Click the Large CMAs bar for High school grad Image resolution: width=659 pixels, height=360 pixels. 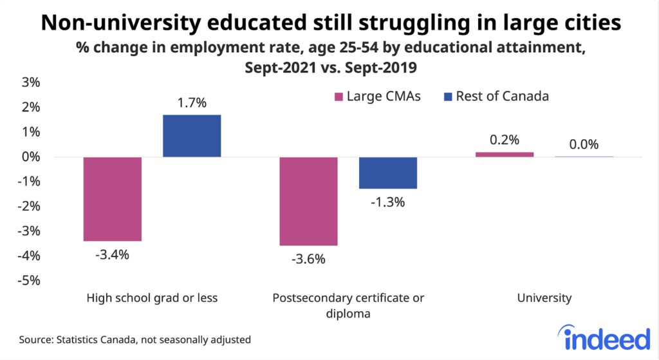pyautogui.click(x=113, y=199)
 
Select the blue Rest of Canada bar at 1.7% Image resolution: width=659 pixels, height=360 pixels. pyautogui.click(x=192, y=136)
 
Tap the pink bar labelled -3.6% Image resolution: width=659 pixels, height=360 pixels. pyautogui.click(x=308, y=201)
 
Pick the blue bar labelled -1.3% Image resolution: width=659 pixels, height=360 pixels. pyautogui.click(x=388, y=173)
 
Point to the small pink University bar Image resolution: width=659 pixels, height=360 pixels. pyautogui.click(x=505, y=155)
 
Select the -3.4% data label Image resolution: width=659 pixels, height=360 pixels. pyautogui.click(x=113, y=254)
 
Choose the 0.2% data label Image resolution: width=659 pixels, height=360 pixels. pyautogui.click(x=505, y=139)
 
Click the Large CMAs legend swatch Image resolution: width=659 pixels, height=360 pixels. pyautogui.click(x=337, y=97)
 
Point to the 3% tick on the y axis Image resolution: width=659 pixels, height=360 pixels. pyautogui.click(x=31, y=82)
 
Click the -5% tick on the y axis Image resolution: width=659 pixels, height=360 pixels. pyautogui.click(x=30, y=281)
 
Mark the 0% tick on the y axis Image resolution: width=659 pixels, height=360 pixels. pyautogui.click(x=31, y=157)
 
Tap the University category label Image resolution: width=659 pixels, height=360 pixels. pyautogui.click(x=544, y=298)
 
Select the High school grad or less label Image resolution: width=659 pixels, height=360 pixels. pyautogui.click(x=152, y=298)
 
